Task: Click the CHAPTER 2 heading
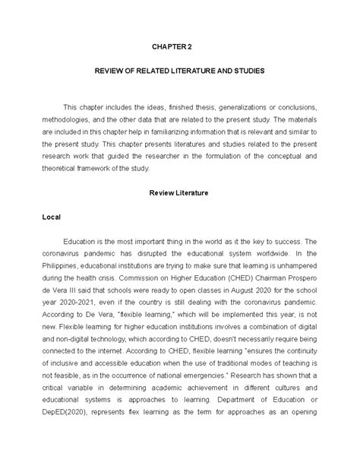point(179,46)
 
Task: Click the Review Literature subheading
point(179,193)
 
